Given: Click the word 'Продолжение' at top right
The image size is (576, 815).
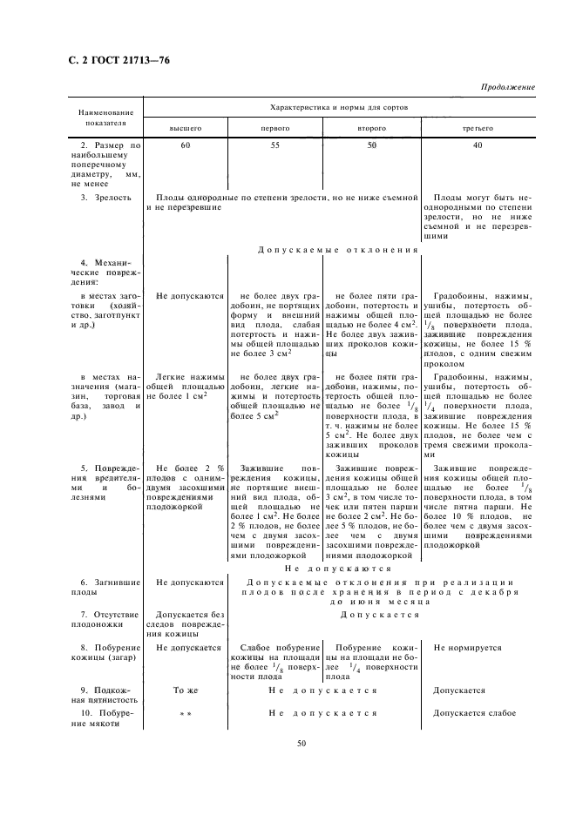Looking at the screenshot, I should tap(507, 88).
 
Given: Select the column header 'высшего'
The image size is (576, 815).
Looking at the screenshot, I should tap(185, 128).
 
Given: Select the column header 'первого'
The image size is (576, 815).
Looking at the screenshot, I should tap(276, 128).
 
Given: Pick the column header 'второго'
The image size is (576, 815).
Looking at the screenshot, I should tap(371, 128).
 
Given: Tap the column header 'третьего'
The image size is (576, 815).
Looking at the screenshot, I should tap(478, 128).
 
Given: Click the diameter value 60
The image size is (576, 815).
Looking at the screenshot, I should tap(186, 145).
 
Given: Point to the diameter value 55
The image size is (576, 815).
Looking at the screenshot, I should tap(275, 145).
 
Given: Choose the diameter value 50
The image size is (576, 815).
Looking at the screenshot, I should tap(371, 145).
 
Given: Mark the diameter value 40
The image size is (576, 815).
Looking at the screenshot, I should tap(478, 145).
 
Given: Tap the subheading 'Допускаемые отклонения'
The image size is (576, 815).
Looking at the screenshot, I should tap(339, 250).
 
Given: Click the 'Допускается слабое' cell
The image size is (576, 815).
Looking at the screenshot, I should tap(475, 713).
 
